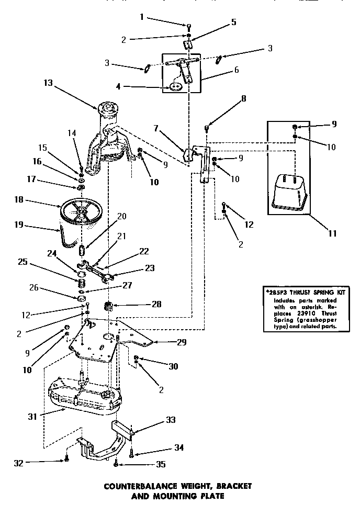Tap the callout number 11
pos(332,234)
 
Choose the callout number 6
pos(236,69)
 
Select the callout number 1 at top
pos(141,17)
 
